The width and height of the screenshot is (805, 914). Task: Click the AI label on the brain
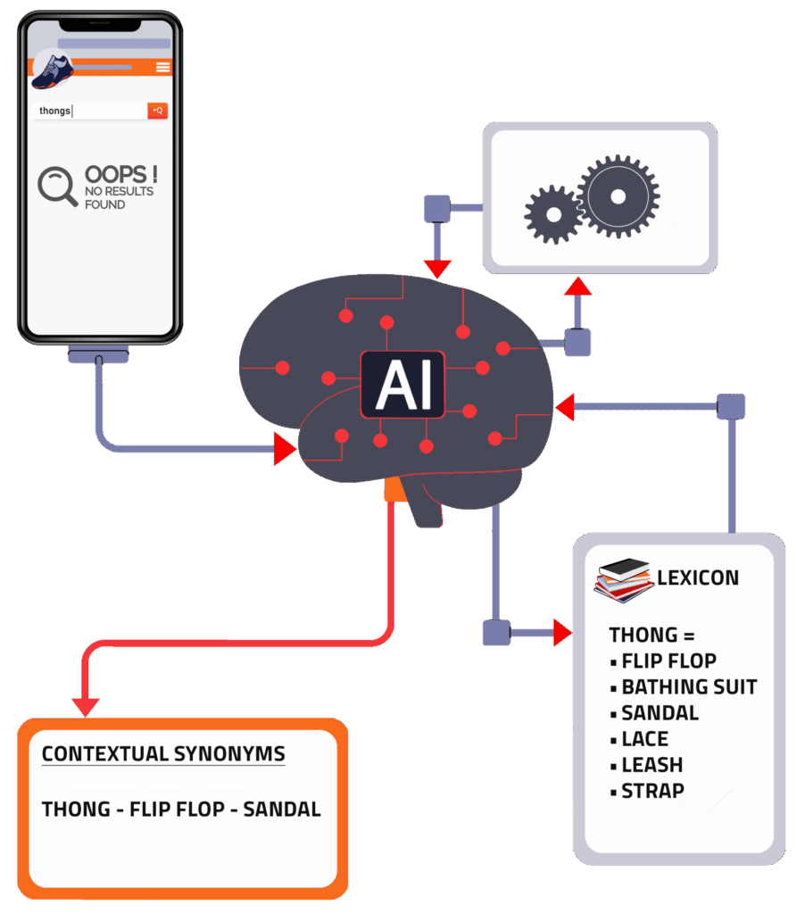pyautogui.click(x=403, y=385)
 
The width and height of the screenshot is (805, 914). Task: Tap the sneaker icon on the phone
pyautogui.click(x=51, y=71)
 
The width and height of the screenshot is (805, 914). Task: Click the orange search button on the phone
pyautogui.click(x=157, y=111)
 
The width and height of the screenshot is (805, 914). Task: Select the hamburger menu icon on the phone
pyautogui.click(x=162, y=67)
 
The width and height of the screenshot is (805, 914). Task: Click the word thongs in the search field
pyautogui.click(x=54, y=112)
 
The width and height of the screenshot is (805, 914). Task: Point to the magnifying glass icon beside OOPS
pyautogui.click(x=57, y=186)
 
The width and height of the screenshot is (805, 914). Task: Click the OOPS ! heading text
pyautogui.click(x=120, y=174)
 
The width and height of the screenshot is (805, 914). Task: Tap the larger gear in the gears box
pyautogui.click(x=618, y=196)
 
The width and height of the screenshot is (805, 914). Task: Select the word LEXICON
pyautogui.click(x=698, y=577)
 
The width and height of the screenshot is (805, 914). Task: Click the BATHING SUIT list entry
pyautogui.click(x=688, y=687)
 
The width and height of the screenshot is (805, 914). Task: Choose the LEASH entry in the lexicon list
pyautogui.click(x=651, y=765)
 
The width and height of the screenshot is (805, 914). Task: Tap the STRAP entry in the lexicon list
pyautogui.click(x=652, y=791)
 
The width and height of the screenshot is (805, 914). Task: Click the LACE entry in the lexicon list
pyautogui.click(x=644, y=739)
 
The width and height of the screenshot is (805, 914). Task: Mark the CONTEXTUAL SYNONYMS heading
pyautogui.click(x=162, y=753)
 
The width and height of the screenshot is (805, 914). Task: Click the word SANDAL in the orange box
pyautogui.click(x=282, y=810)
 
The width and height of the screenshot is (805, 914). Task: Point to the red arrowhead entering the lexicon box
pyautogui.click(x=562, y=633)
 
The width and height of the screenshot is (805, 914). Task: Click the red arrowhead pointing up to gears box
pyautogui.click(x=577, y=287)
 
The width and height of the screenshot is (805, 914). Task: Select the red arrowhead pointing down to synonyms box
pyautogui.click(x=86, y=706)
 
